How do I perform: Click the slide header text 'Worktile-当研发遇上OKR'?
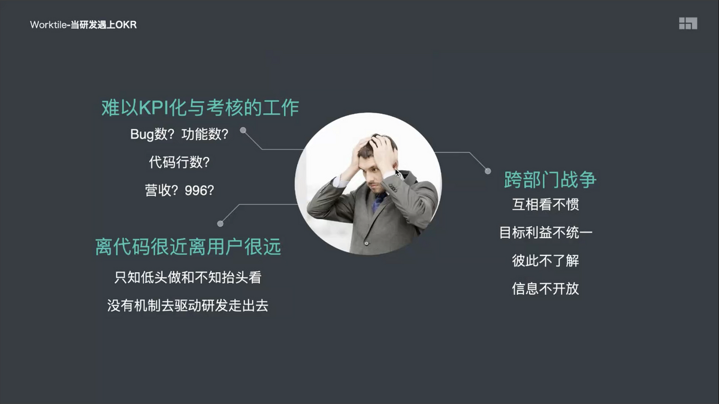tap(83, 25)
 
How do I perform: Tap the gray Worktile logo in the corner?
tap(688, 23)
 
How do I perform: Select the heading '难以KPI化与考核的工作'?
tap(200, 107)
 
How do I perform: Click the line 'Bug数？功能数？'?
tap(179, 134)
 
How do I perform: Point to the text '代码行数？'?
tap(179, 162)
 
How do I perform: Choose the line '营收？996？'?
tap(179, 190)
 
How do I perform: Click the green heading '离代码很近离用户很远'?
tap(188, 246)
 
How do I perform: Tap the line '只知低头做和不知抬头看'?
tap(188, 278)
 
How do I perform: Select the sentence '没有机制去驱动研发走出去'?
tap(188, 306)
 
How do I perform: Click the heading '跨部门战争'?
tap(550, 179)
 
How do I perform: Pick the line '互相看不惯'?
tap(546, 204)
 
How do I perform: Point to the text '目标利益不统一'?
tap(546, 233)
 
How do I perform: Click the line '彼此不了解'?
tap(546, 261)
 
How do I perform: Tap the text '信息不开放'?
tap(546, 288)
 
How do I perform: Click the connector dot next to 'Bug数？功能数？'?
tap(243, 130)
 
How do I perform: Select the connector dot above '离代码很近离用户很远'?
tap(220, 224)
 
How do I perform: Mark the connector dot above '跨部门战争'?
tap(488, 171)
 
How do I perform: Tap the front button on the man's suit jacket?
tap(367, 243)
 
